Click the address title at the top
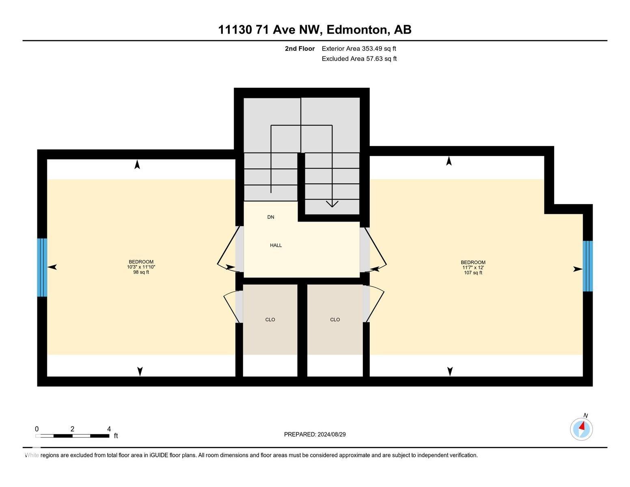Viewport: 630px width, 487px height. [315, 30]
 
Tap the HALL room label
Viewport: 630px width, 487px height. [276, 245]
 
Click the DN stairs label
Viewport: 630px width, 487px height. [271, 217]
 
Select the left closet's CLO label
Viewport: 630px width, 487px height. [270, 320]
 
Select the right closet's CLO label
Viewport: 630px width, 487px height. [335, 320]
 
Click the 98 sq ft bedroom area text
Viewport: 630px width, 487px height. [141, 272]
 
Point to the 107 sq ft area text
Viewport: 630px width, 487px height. [473, 273]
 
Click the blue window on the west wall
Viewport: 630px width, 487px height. [42, 267]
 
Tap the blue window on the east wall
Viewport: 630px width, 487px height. [587, 266]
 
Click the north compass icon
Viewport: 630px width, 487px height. [581, 429]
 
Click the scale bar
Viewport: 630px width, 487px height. [72, 436]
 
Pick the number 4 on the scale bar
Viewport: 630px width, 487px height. [109, 429]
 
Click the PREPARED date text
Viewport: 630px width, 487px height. [315, 434]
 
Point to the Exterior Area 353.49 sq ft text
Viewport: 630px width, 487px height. [359, 49]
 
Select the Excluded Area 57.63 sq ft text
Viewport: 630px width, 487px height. [359, 59]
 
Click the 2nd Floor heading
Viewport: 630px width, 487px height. [300, 49]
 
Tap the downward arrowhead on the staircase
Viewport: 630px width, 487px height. [332, 204]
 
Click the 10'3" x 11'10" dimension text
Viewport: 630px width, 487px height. [141, 267]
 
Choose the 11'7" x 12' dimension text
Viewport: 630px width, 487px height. [473, 267]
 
